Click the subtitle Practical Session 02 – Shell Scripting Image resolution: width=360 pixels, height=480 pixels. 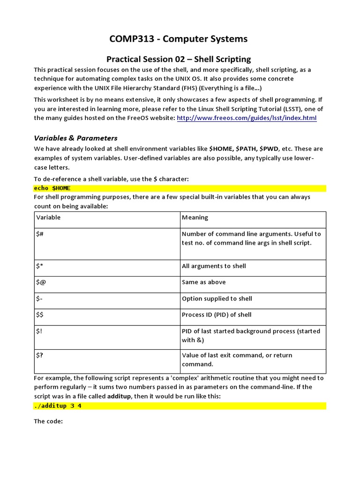coord(179,59)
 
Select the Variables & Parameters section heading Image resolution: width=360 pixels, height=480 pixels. coord(75,138)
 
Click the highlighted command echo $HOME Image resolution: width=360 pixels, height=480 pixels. coord(52,187)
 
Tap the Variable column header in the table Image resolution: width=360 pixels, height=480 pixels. coord(48,217)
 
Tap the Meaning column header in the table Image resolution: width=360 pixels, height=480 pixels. coord(195,217)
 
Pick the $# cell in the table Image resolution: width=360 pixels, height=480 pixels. coord(40,234)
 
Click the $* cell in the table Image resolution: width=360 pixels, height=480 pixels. coord(40,266)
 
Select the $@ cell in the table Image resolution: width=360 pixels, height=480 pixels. coord(41,282)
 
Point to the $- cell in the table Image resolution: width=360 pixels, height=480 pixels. coord(40,299)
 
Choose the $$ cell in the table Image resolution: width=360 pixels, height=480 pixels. coord(40,315)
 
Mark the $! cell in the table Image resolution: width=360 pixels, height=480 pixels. coord(39,331)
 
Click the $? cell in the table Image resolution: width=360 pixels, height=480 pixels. coord(40,355)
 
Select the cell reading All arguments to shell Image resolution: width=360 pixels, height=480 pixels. coord(214,266)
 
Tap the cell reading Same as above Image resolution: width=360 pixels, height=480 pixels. coord(204,282)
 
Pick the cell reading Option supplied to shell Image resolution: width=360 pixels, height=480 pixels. coord(217,299)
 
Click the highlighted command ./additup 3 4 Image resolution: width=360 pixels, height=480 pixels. coord(58,406)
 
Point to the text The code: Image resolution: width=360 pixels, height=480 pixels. coord(48,421)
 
